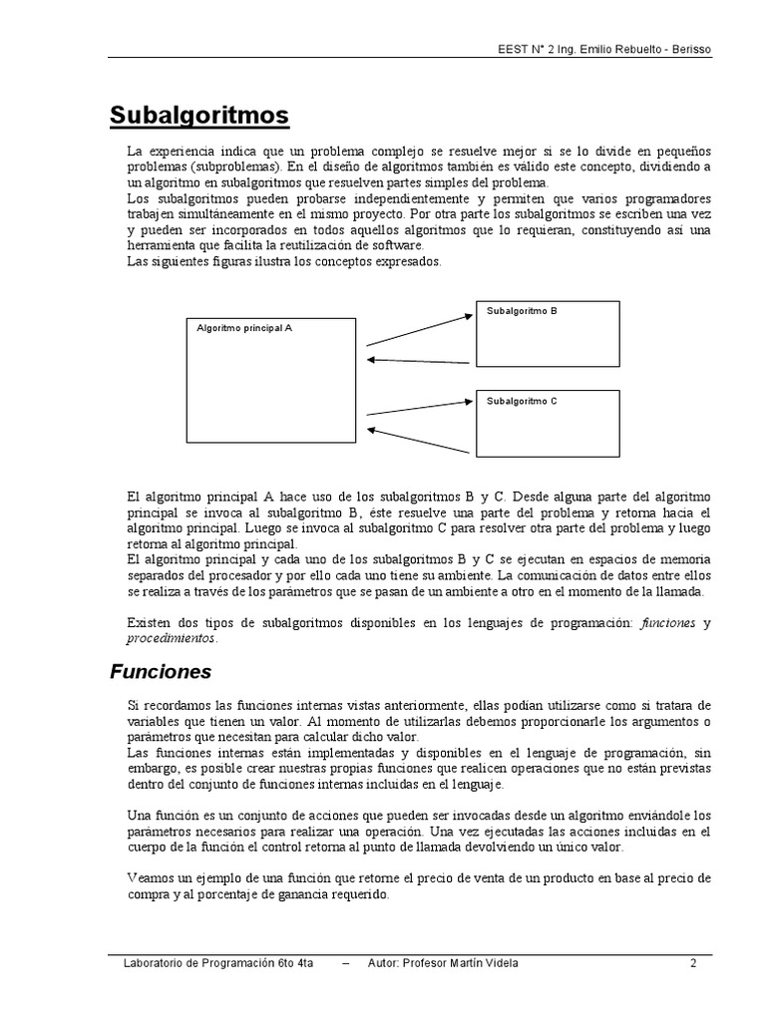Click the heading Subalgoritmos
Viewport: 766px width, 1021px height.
pos(198,117)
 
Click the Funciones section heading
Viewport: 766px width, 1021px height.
pos(160,672)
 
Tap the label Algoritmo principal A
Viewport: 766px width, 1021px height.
pos(244,327)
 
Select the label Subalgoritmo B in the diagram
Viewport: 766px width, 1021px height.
pos(522,311)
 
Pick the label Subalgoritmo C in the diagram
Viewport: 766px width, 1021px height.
pos(522,401)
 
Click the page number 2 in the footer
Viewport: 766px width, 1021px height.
pos(692,963)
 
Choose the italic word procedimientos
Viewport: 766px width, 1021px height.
pos(171,638)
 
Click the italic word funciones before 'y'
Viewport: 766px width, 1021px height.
pos(668,622)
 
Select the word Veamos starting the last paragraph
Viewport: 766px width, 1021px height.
pos(151,878)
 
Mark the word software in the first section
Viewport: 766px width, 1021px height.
pos(394,245)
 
